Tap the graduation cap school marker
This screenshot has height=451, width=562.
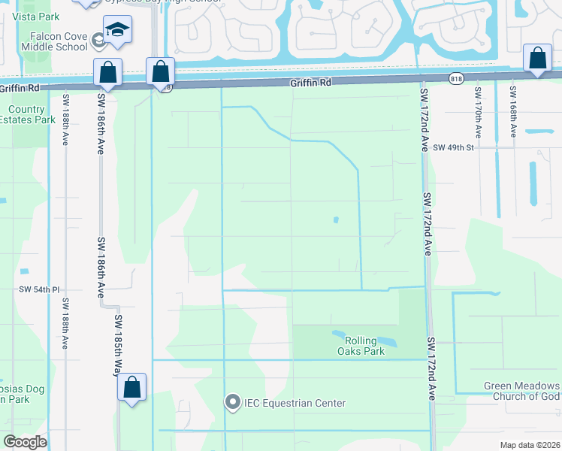point(117,30)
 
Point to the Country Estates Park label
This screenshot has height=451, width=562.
point(32,114)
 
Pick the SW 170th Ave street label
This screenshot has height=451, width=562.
point(478,112)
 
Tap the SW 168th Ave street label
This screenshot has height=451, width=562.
point(512,112)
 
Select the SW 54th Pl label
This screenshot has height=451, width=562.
point(39,289)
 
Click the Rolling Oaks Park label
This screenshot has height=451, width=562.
point(358,346)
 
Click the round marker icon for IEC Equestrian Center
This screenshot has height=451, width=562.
point(232,404)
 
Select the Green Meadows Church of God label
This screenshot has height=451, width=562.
point(521,392)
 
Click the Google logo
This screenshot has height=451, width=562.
point(26,442)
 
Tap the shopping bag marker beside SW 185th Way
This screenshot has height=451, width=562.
point(132,388)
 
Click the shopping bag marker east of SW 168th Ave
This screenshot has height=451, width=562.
point(538,59)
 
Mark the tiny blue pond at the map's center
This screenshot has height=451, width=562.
point(336,220)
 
